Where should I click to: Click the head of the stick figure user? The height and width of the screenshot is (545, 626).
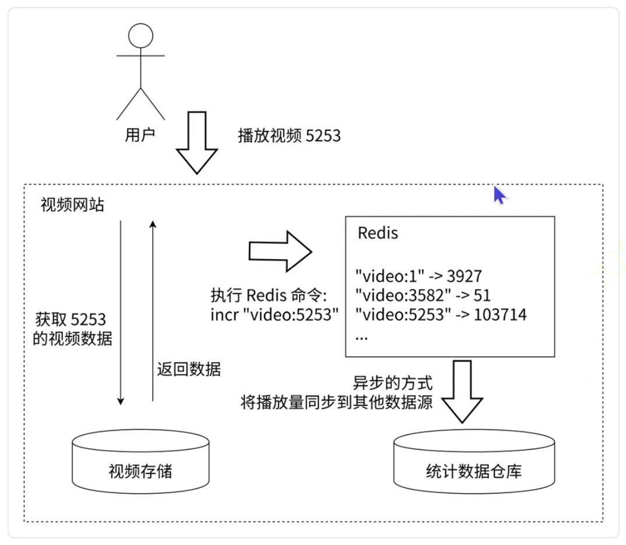point(140,36)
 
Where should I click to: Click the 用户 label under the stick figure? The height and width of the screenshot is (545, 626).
point(140,135)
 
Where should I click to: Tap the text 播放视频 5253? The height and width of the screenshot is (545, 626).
point(289,136)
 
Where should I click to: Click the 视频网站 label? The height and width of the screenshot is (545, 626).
point(72,205)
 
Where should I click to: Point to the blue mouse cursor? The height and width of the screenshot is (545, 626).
point(499,195)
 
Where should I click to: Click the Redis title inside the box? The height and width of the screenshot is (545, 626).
point(378,233)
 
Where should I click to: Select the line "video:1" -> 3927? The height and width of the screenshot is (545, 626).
point(419,275)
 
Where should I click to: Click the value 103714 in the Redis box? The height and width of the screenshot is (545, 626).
point(500,315)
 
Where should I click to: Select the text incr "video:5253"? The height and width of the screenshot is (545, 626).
point(275,315)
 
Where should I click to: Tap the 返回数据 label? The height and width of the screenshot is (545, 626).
point(189,369)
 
